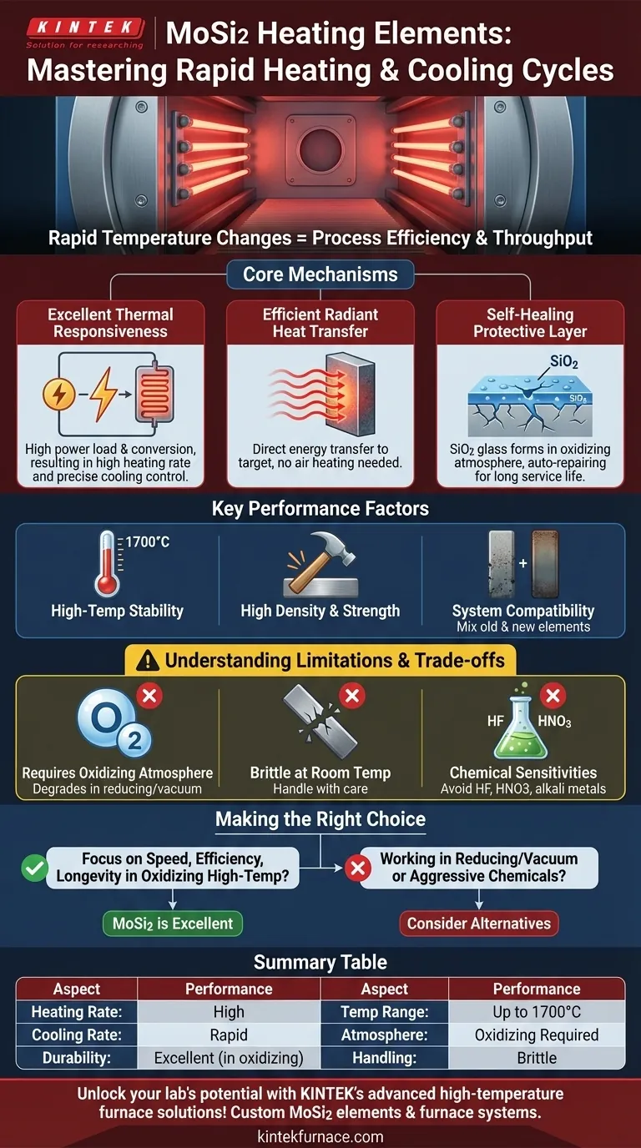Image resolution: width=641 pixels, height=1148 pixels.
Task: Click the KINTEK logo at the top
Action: pyautogui.click(x=85, y=33)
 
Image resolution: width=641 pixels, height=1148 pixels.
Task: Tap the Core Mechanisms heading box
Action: pyautogui.click(x=320, y=274)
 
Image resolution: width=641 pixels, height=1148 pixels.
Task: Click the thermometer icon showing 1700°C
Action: pyautogui.click(x=108, y=562)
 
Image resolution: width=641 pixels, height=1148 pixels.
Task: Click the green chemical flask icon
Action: pyautogui.click(x=521, y=723)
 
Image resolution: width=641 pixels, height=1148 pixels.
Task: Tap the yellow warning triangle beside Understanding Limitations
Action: pyautogui.click(x=148, y=661)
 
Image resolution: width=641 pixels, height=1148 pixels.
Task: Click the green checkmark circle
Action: pyautogui.click(x=34, y=868)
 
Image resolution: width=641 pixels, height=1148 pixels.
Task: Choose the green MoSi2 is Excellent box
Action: pyautogui.click(x=173, y=924)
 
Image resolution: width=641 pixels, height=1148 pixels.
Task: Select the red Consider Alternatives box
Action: pyautogui.click(x=479, y=924)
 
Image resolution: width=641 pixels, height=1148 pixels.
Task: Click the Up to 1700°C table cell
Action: pyautogui.click(x=537, y=1012)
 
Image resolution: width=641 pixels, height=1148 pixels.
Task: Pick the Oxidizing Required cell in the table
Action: pyautogui.click(x=537, y=1035)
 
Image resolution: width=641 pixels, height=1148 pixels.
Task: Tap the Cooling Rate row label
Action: pyautogui.click(x=77, y=1035)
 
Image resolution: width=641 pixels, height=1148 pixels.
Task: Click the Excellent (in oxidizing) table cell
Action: pyautogui.click(x=229, y=1058)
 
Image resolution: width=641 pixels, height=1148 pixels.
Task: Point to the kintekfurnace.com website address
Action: pyautogui.click(x=320, y=1136)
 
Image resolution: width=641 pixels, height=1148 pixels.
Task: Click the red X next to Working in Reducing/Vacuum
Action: pyautogui.click(x=358, y=868)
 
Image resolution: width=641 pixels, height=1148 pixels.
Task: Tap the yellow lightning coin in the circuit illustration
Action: pyautogui.click(x=59, y=394)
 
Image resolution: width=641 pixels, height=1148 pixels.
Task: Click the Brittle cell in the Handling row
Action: pyautogui.click(x=537, y=1058)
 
